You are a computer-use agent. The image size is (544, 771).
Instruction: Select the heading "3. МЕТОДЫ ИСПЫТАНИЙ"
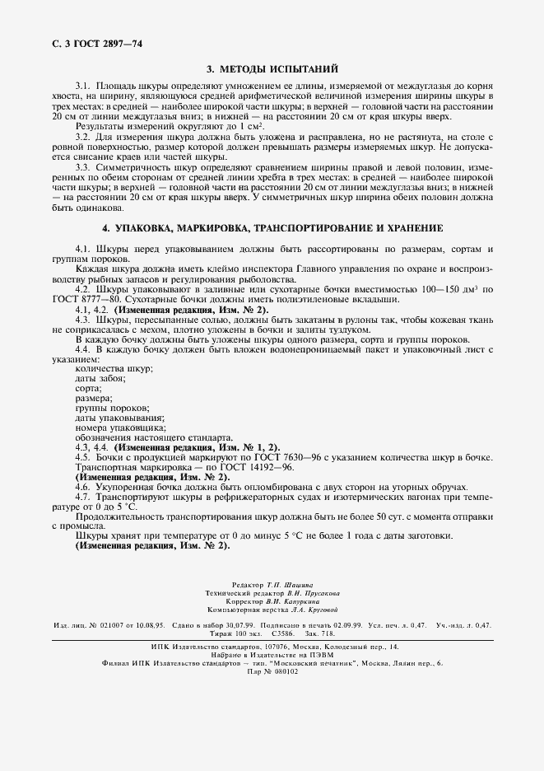272,69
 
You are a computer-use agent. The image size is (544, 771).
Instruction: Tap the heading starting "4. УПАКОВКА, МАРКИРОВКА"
272,227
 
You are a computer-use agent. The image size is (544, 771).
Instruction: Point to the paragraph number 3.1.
82,86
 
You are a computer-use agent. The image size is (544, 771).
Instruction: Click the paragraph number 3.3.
82,167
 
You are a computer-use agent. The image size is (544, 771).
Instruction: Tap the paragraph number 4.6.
82,487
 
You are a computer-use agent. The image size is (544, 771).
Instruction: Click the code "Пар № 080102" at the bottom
272,671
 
